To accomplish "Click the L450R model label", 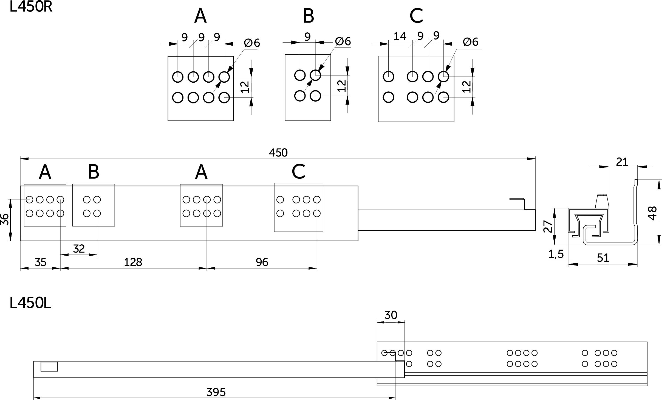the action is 31,7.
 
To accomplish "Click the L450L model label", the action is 30,303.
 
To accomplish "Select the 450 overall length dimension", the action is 278,153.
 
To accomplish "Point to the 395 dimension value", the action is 216,392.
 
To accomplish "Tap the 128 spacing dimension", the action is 133,262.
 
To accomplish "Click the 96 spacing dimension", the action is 262,262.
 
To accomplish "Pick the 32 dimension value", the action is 79,249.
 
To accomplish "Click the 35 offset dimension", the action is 41,262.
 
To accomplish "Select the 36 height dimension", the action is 5,220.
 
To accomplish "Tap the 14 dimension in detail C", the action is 400,36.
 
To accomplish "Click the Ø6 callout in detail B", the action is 343,41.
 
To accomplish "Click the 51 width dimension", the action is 603,258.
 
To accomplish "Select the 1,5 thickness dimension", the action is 556,254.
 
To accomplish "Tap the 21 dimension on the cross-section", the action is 622,162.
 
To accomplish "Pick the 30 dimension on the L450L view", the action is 391,315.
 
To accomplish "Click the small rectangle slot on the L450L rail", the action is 49,367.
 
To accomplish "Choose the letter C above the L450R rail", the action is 299,172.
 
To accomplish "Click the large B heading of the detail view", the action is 308,16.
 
